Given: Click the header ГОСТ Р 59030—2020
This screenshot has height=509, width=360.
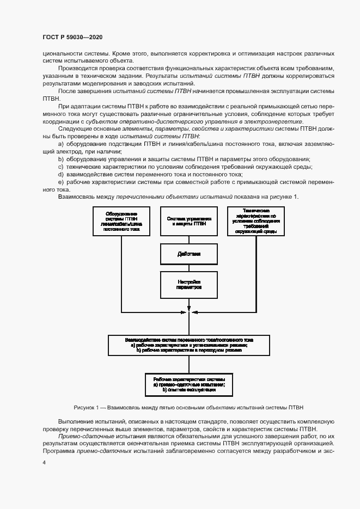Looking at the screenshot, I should (x=72, y=36).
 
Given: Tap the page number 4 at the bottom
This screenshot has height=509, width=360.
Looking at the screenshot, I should (x=44, y=462).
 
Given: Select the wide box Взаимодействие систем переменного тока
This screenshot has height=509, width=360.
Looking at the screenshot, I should (x=188, y=345).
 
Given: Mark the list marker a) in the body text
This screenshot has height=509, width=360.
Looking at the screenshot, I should (x=60, y=143).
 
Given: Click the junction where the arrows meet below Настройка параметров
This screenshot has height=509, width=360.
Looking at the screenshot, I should (x=188, y=313).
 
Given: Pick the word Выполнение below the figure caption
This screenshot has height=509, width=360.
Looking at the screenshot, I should (x=75, y=421).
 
